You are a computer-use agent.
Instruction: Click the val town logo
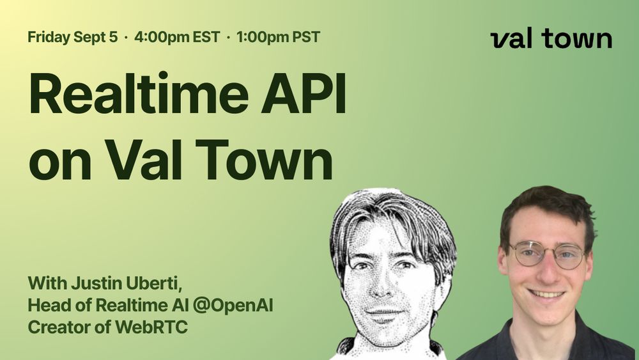click(x=551, y=39)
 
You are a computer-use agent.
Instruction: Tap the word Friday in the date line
click(x=49, y=37)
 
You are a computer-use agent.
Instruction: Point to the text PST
click(x=306, y=37)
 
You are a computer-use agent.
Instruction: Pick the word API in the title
click(x=304, y=93)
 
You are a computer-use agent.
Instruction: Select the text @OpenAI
click(x=233, y=306)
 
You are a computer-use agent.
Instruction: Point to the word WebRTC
click(x=151, y=327)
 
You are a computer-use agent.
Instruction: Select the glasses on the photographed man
click(x=548, y=254)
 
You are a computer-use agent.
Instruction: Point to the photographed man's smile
click(x=546, y=293)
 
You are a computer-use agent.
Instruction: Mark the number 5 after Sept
click(x=113, y=37)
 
